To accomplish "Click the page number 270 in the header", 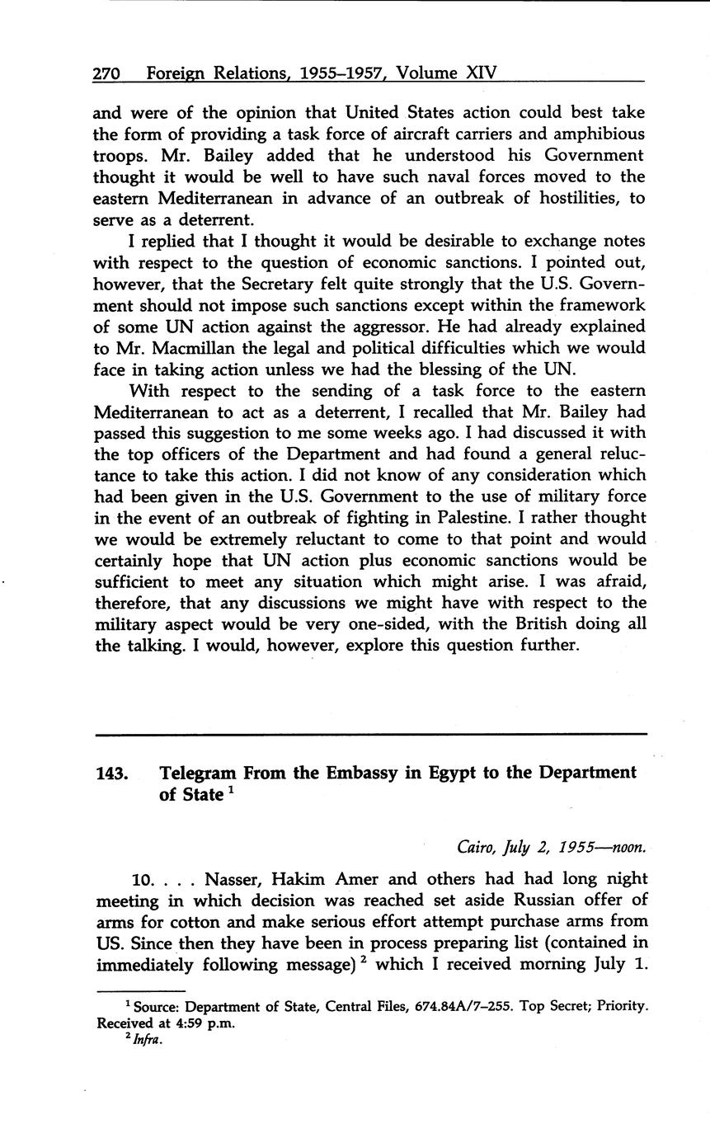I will point(107,73).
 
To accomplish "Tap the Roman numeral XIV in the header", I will point(482,73).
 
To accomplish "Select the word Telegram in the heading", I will point(198,773).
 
